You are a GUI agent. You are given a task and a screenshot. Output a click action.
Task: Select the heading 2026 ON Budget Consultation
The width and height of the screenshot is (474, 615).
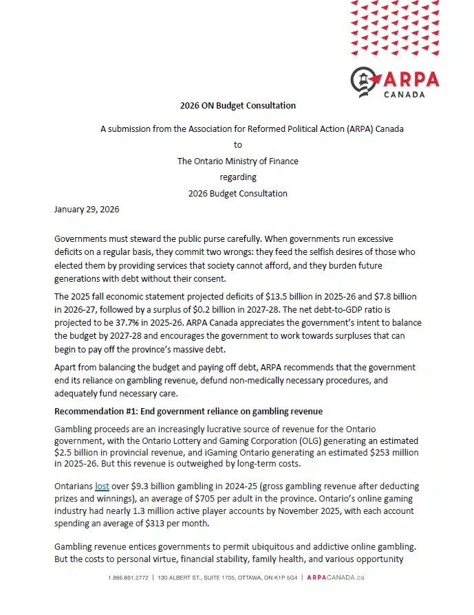[x=237, y=106]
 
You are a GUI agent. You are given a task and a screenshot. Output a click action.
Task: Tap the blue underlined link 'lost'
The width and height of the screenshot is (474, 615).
[x=102, y=486]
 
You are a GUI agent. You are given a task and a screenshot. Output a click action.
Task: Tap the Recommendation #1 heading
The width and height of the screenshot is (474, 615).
[x=188, y=412]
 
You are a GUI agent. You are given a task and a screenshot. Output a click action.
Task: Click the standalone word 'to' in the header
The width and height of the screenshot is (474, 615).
[x=237, y=145]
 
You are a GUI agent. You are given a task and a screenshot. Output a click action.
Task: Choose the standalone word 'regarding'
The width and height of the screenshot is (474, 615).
[x=237, y=177]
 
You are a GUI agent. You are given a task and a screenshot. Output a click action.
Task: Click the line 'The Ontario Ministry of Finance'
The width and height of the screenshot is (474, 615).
[x=237, y=161]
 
